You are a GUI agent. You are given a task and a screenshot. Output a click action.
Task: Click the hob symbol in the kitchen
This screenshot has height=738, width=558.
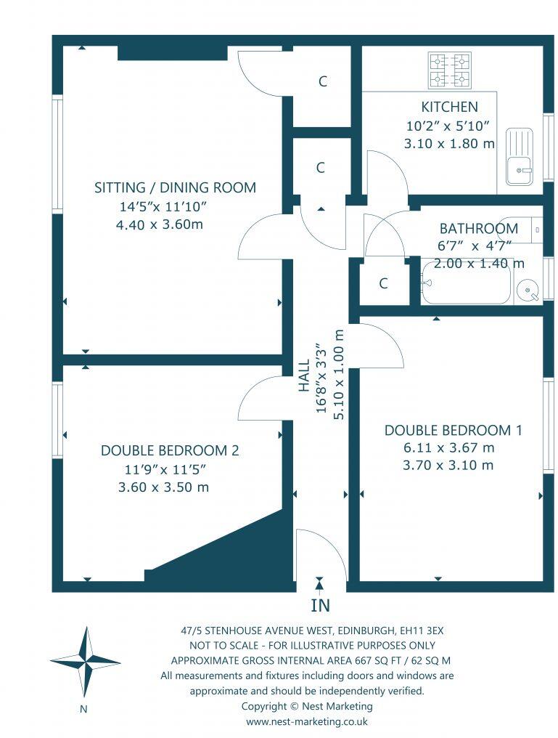click(x=449, y=70)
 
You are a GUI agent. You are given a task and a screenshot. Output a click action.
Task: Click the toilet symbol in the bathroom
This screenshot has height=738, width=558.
click(x=534, y=230)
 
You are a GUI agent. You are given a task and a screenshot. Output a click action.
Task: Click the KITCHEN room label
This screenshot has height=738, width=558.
click(x=449, y=108)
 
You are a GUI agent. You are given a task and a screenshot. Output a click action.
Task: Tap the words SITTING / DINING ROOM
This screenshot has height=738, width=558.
click(x=175, y=187)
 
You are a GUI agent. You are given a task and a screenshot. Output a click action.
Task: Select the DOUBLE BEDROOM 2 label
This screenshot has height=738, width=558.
click(x=169, y=450)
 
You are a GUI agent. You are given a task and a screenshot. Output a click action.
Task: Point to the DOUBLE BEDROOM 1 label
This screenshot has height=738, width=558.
click(x=453, y=430)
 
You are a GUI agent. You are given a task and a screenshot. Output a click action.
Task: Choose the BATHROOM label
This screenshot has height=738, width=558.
click(x=478, y=228)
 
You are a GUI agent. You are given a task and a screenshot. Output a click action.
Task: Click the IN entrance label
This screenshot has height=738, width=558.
click(x=320, y=604)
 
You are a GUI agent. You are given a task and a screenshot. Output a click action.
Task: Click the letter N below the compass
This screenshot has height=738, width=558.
click(x=84, y=709)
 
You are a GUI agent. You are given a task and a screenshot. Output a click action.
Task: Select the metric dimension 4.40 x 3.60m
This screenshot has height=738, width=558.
click(x=159, y=224)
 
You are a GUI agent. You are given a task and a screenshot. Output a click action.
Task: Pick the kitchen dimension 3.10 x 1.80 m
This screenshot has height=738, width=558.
click(x=449, y=144)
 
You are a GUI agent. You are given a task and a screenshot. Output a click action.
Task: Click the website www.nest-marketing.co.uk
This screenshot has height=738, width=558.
click(x=306, y=721)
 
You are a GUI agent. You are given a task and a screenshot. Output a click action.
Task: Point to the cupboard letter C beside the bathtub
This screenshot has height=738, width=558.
click(x=383, y=283)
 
